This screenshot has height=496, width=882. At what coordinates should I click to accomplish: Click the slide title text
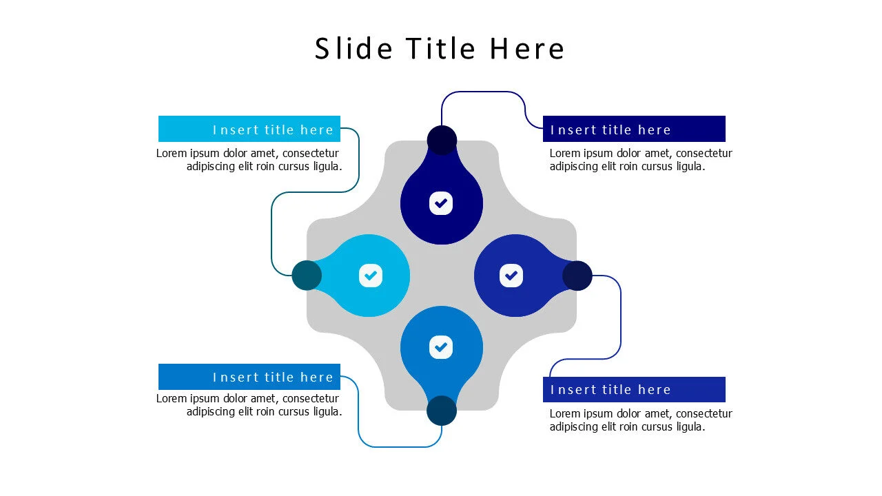[440, 48]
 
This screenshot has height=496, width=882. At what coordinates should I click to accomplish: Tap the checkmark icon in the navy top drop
[441, 203]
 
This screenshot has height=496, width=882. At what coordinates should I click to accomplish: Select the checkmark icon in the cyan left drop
[371, 276]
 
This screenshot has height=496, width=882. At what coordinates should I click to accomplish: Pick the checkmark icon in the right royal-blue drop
[511, 276]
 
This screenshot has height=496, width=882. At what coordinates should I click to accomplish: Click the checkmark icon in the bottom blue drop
[441, 347]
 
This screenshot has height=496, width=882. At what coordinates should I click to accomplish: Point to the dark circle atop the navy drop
[442, 140]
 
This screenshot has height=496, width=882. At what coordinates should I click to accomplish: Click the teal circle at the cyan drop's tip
[307, 276]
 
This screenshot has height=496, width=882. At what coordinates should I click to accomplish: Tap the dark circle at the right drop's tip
[577, 276]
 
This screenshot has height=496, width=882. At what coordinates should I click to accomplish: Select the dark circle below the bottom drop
[442, 411]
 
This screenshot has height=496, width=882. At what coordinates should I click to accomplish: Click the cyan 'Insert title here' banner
[249, 129]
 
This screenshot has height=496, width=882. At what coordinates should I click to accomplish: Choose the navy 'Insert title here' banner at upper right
[634, 129]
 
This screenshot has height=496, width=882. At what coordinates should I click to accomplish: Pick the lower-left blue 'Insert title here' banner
[249, 377]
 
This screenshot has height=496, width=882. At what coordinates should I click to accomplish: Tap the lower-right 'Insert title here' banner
[634, 390]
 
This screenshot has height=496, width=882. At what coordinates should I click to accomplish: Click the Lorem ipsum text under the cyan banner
[249, 160]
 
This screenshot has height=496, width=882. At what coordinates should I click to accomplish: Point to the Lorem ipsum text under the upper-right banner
[641, 160]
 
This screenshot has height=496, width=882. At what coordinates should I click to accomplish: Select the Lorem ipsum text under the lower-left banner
[249, 405]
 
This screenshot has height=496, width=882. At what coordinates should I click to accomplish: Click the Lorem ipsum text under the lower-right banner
[641, 420]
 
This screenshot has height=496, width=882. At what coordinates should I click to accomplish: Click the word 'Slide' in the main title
[353, 48]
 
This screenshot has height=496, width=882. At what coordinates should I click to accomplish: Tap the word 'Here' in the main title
[527, 49]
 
